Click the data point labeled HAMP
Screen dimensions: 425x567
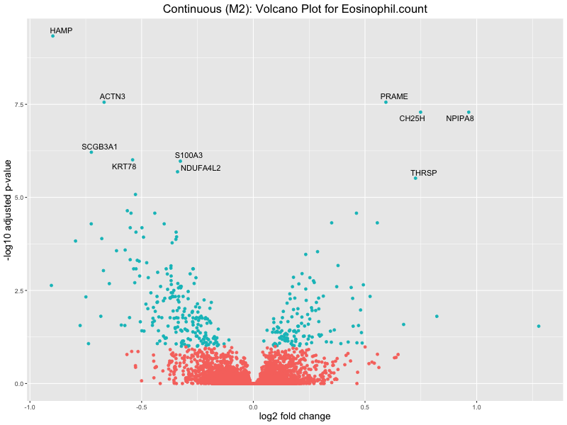[x=52, y=35]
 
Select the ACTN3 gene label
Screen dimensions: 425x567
[x=113, y=96]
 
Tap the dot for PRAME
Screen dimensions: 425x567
[x=386, y=102]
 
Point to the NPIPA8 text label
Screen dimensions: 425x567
[x=460, y=118]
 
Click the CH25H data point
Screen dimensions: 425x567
[x=420, y=112]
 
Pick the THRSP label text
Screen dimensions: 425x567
[x=424, y=173]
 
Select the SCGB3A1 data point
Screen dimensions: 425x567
[x=91, y=152]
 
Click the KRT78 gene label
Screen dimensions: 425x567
[x=124, y=166]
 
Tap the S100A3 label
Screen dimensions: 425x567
[x=189, y=155]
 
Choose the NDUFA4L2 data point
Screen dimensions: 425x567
[x=177, y=171]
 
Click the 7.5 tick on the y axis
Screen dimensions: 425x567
[x=18, y=104]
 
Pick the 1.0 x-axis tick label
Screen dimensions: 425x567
[x=476, y=407]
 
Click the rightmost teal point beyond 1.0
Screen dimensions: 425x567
[x=539, y=326]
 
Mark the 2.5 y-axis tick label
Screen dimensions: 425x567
[x=18, y=290]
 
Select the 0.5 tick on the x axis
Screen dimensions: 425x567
[x=364, y=407]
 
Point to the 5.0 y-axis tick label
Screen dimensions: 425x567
[x=18, y=198]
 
